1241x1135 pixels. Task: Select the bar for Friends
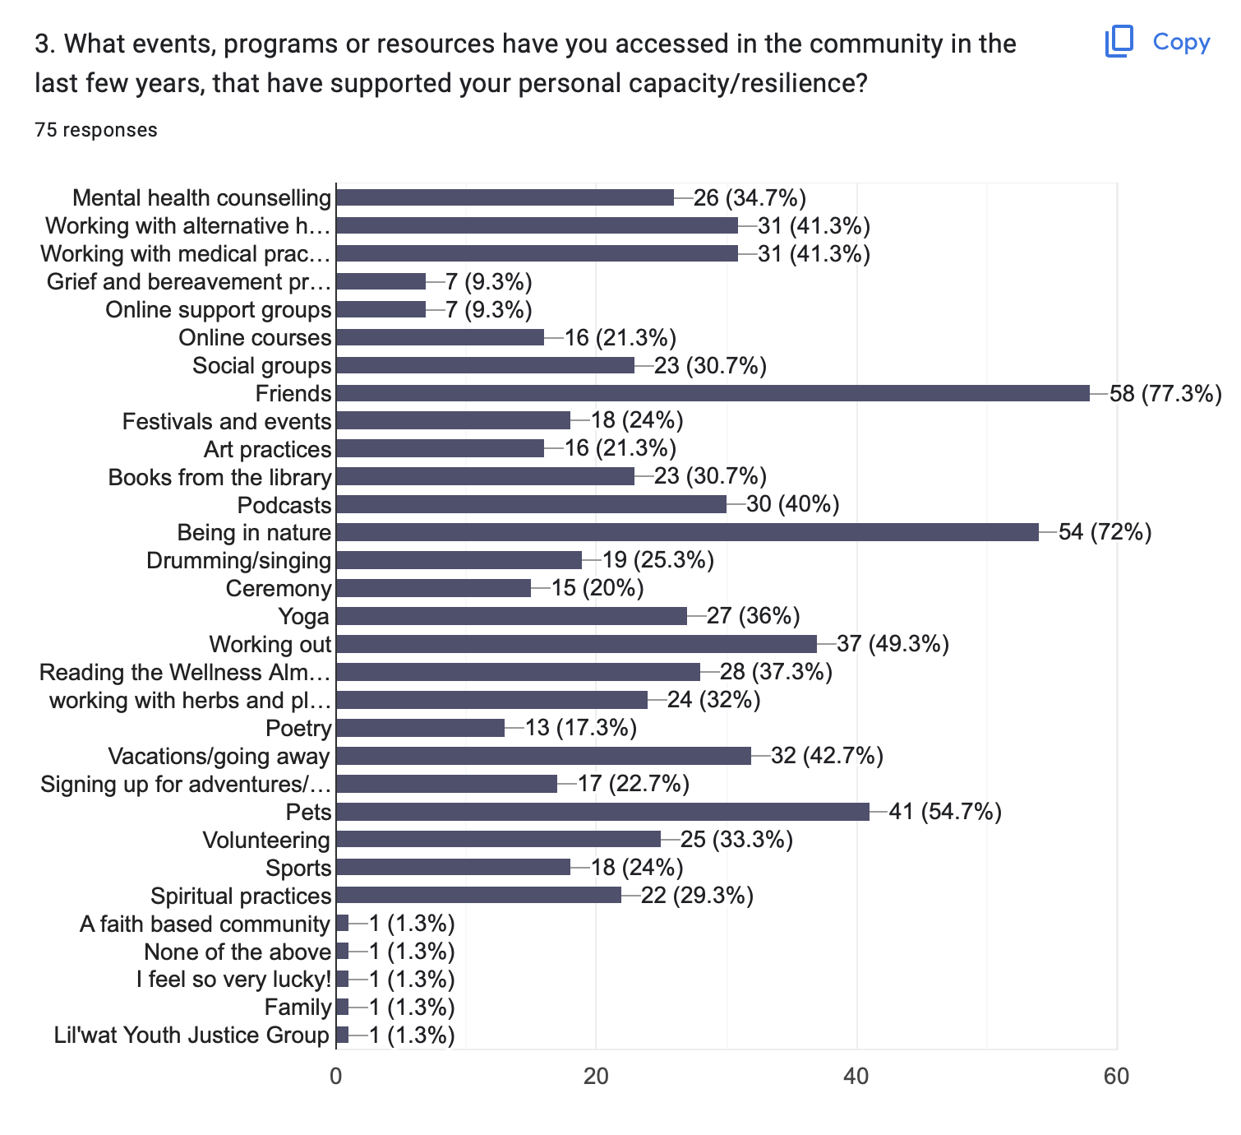pos(713,393)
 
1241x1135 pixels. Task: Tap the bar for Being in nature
pos(687,532)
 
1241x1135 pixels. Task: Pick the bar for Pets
pos(602,812)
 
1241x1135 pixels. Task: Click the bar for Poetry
pos(420,728)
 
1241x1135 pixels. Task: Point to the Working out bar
pos(576,644)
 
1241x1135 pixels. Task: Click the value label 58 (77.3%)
pos(1165,394)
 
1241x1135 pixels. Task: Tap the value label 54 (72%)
pos(1105,532)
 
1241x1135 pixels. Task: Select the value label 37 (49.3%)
pos(893,644)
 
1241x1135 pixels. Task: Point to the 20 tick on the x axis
pos(596,1076)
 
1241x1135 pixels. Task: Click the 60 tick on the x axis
pos(1116,1076)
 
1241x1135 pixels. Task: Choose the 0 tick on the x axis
pos(336,1076)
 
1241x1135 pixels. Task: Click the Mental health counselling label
pos(202,198)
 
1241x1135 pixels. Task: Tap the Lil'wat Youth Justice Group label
pos(191,1035)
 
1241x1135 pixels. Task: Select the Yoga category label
pos(304,617)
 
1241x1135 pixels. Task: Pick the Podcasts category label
pos(284,505)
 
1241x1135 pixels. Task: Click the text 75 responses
pos(96,130)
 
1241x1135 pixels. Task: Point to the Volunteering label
pos(266,841)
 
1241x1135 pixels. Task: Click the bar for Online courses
pos(440,337)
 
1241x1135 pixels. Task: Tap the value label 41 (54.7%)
pos(945,813)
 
